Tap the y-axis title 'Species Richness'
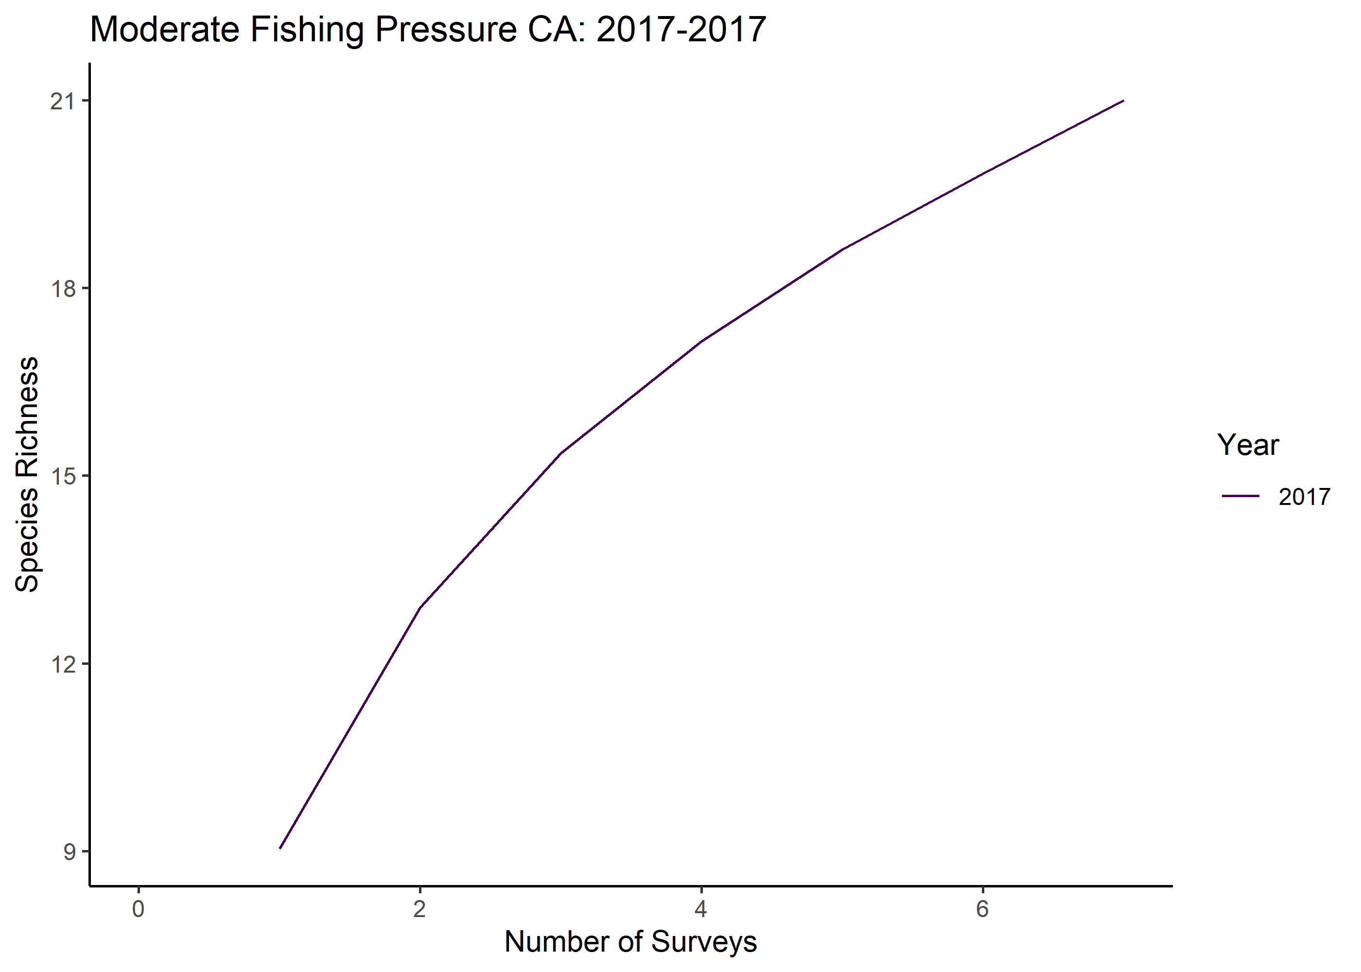pyautogui.click(x=27, y=475)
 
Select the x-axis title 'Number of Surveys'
pyautogui.click(x=630, y=941)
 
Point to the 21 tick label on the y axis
pyautogui.click(x=63, y=101)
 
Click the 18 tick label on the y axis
pyautogui.click(x=63, y=289)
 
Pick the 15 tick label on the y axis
pyautogui.click(x=63, y=476)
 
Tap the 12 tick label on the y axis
pyautogui.click(x=63, y=664)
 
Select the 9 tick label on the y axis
pyautogui.click(x=70, y=851)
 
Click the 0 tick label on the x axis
pyautogui.click(x=138, y=908)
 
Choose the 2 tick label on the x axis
pyautogui.click(x=419, y=908)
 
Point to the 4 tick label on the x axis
pyautogui.click(x=701, y=908)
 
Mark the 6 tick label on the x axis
pyautogui.click(x=982, y=908)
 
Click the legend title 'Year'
pyautogui.click(x=1248, y=445)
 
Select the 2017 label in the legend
pyautogui.click(x=1304, y=497)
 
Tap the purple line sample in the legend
pyautogui.click(x=1240, y=496)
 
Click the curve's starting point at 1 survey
pyautogui.click(x=279, y=848)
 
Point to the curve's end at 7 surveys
pyautogui.click(x=1123, y=101)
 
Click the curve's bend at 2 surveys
pyautogui.click(x=420, y=608)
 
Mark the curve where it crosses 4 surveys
pyautogui.click(x=701, y=342)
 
